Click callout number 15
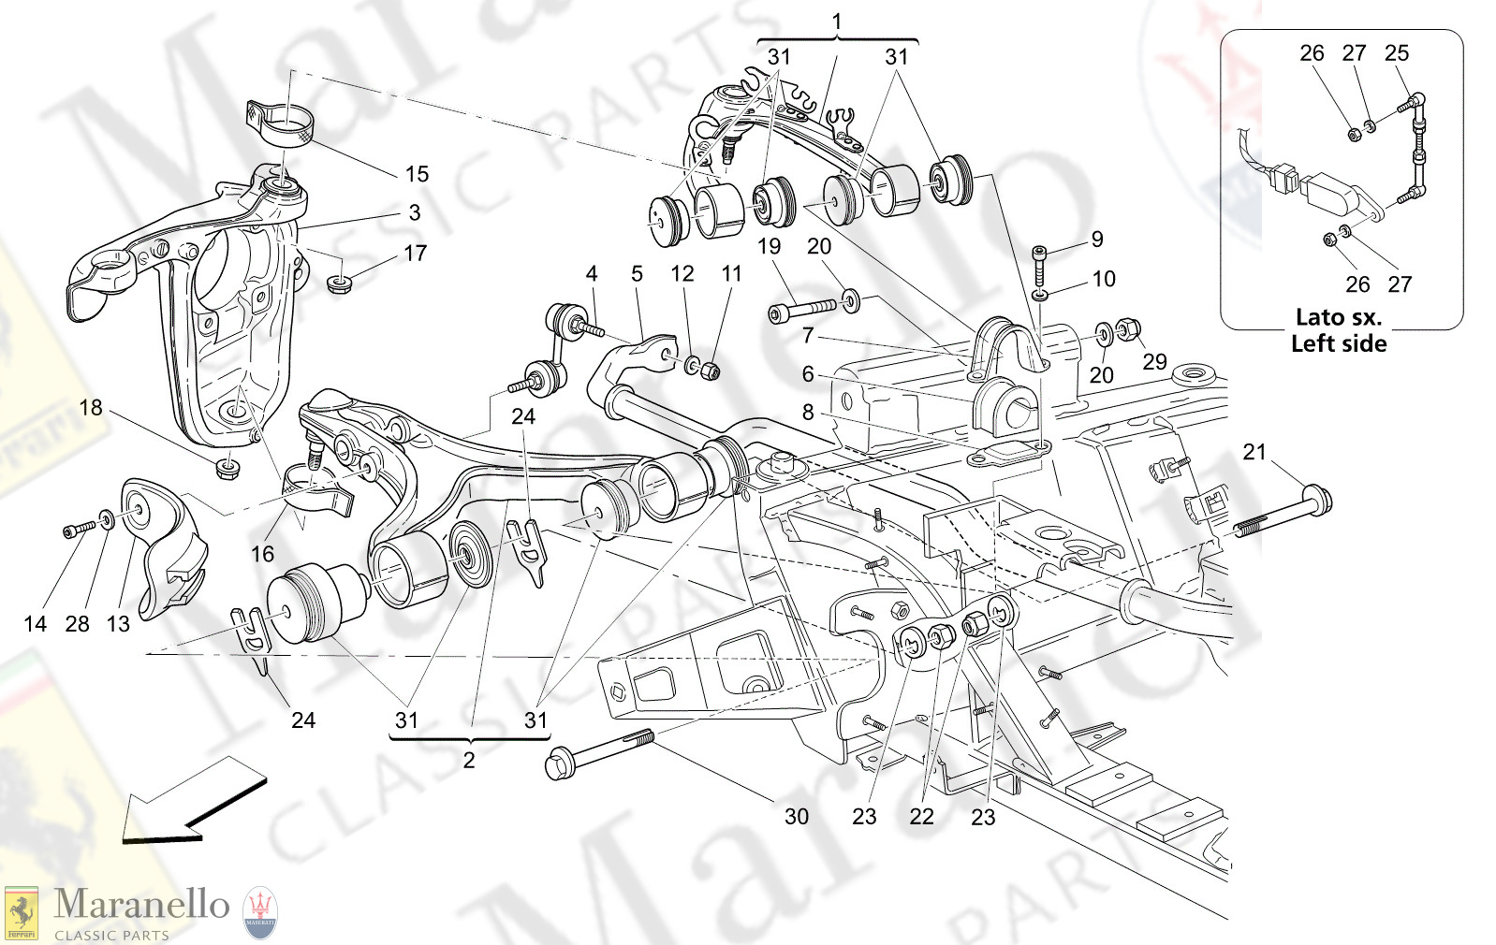[417, 174]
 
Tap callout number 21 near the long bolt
[1254, 452]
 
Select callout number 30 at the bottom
[796, 817]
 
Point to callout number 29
[1154, 362]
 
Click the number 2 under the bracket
[469, 761]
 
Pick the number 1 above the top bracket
[837, 21]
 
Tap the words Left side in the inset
[1339, 343]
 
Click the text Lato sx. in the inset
[1339, 317]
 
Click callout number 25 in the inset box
[1396, 53]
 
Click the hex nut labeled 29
[1128, 330]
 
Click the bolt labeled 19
[800, 310]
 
